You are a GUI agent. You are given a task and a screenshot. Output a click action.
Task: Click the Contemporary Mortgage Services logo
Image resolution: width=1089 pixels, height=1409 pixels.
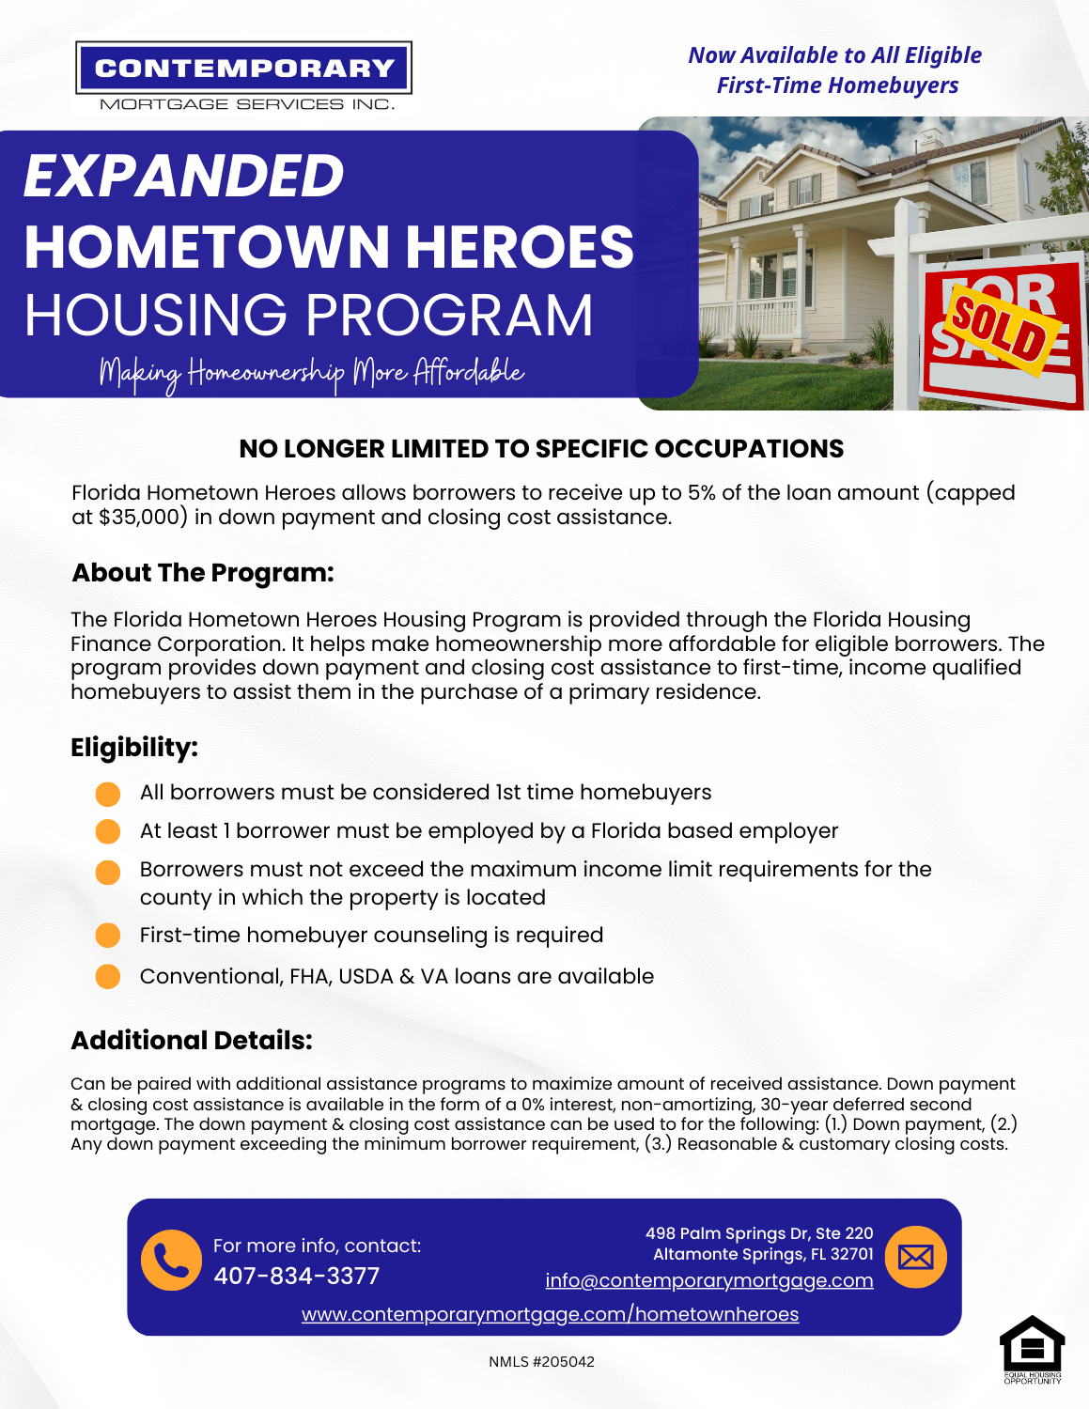pos(243,76)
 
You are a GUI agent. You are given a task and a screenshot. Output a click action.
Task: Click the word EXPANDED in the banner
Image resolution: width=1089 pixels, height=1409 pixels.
pos(184,176)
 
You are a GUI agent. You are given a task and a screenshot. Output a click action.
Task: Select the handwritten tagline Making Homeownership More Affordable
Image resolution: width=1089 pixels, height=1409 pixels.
pos(312,373)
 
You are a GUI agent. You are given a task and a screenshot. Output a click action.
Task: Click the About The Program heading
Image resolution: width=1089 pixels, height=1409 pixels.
pos(203,573)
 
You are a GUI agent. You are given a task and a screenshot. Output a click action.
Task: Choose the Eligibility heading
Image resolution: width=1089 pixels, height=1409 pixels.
pos(134,748)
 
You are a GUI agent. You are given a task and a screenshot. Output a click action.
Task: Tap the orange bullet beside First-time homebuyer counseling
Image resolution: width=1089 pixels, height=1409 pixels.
pos(108,936)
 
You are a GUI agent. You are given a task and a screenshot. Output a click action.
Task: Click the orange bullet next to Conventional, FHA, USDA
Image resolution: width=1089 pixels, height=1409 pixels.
pos(108,977)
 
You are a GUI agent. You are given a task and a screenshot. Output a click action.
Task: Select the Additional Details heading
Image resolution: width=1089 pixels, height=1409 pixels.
pos(192,1041)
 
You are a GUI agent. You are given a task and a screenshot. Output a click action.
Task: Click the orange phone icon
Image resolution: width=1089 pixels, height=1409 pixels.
pos(171,1260)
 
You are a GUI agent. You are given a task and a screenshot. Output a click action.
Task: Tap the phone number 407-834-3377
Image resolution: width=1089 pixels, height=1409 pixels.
pos(296,1276)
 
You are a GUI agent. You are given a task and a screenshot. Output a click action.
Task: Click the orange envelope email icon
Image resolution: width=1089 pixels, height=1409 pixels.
pos(915,1257)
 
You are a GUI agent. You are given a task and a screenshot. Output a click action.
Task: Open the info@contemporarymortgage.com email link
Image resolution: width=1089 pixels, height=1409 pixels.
pos(709,1280)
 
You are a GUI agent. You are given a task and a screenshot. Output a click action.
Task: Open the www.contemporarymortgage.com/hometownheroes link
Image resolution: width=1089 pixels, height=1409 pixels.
pos(550,1314)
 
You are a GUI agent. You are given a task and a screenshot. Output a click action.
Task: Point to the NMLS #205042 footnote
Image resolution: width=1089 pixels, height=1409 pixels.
pos(541,1362)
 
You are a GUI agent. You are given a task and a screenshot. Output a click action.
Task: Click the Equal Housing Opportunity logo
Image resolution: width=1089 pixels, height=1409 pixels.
pos(1032,1350)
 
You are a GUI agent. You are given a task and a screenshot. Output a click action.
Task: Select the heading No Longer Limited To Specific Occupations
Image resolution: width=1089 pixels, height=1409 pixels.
pos(541,449)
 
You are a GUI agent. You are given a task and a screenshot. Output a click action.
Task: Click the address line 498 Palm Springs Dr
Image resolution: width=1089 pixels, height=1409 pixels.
pos(759,1233)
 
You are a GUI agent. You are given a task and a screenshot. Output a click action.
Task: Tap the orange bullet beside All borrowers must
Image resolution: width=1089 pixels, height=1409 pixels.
pos(108,794)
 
